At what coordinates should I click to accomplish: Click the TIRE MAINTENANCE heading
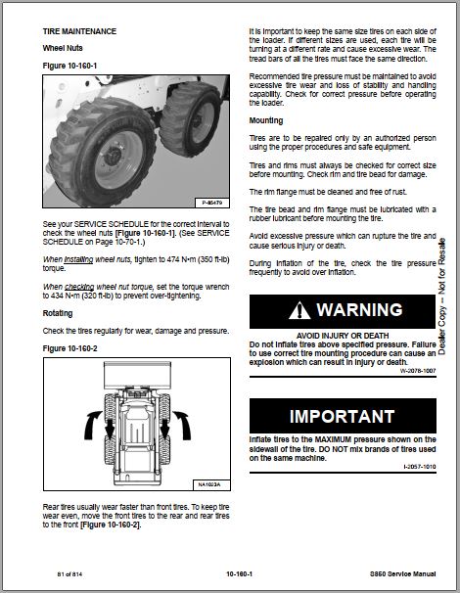79,31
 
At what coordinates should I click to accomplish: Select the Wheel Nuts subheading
63,48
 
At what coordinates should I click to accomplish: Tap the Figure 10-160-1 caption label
69,66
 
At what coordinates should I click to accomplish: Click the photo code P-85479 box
212,203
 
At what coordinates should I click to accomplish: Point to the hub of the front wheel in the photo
114,156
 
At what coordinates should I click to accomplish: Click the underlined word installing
78,260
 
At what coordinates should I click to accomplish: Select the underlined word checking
79,287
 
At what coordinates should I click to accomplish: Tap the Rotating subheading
58,313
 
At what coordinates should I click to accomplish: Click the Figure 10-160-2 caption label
69,348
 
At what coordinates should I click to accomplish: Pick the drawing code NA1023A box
211,484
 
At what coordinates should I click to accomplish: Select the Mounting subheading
266,120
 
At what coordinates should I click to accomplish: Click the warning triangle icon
299,310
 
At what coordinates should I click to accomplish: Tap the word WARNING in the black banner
360,310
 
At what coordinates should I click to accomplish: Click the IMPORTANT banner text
342,417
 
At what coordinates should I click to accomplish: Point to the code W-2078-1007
418,371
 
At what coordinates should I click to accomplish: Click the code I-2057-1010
420,467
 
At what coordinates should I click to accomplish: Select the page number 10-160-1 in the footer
239,574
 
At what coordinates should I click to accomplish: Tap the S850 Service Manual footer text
403,574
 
